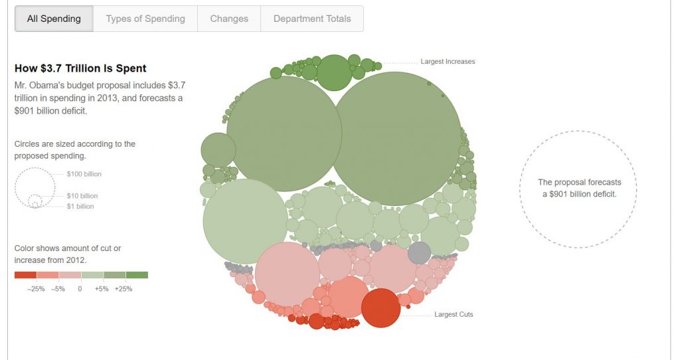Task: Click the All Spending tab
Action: [x=54, y=19]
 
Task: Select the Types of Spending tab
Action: [x=145, y=19]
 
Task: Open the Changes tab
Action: [x=229, y=19]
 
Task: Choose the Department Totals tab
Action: [x=312, y=19]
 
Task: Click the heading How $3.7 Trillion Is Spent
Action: [x=80, y=68]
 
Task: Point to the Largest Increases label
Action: [x=448, y=62]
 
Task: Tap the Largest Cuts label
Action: [x=454, y=314]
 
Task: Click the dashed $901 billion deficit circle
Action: [x=578, y=189]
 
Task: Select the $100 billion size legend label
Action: [x=84, y=174]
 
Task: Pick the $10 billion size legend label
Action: [x=82, y=196]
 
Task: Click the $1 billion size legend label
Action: [x=80, y=207]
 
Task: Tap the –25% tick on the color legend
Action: [x=36, y=290]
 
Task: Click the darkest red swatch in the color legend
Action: [x=25, y=275]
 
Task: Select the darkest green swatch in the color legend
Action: [x=137, y=275]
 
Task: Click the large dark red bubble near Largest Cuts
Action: [x=381, y=308]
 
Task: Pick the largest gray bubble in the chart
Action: [x=419, y=253]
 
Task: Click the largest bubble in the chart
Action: [x=396, y=138]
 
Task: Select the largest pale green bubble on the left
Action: [x=246, y=221]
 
